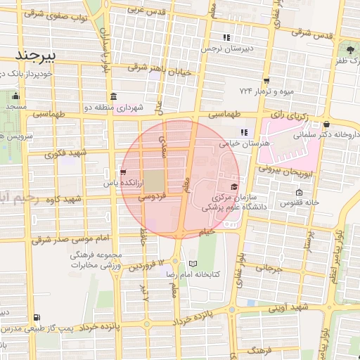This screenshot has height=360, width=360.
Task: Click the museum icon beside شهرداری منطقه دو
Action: [x=112, y=96]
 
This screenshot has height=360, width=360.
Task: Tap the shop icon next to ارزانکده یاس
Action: [x=123, y=172]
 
